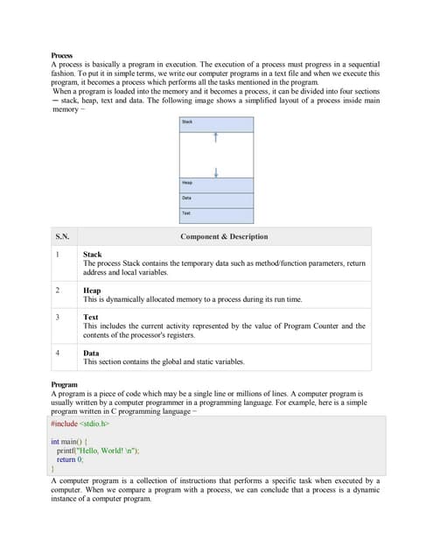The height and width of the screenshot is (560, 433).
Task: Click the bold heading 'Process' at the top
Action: point(62,56)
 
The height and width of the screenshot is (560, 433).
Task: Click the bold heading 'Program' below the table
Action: point(65,384)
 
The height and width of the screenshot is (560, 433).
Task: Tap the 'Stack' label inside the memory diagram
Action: point(187,122)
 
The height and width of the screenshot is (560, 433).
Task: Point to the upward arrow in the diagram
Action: point(215,138)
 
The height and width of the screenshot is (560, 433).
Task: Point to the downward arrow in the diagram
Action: point(215,170)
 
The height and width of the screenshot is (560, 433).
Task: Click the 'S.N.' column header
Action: point(63,236)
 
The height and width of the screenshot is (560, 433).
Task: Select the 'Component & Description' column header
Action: point(224,236)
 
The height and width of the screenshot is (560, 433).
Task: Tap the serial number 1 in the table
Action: point(57,255)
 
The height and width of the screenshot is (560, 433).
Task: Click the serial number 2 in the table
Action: point(57,290)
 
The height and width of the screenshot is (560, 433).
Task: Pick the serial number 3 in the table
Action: point(57,317)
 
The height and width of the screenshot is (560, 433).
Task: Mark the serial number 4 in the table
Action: point(57,353)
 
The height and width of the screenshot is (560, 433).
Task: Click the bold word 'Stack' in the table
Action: point(92,255)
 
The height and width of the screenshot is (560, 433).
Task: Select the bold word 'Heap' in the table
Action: point(92,290)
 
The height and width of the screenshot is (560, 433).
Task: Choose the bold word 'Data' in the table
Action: point(91,353)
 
